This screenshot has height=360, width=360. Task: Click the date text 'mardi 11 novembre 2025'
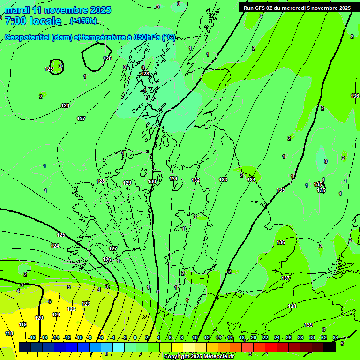point(58,10)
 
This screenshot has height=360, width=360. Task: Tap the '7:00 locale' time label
point(32,21)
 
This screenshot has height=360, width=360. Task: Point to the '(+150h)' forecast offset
point(83,21)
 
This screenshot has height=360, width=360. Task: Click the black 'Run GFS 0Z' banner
point(297,8)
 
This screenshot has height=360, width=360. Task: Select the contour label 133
point(223,180)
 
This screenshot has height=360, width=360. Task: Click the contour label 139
point(308,325)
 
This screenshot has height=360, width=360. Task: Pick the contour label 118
point(9,333)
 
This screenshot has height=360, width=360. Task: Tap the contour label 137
point(285,278)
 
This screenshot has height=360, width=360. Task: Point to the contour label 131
point(173,179)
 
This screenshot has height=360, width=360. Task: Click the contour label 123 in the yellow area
point(86,304)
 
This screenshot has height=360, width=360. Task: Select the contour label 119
point(22,324)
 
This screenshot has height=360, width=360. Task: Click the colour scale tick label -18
point(32,337)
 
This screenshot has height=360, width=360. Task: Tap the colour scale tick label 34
point(336,337)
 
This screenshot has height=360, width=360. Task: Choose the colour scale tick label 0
point(135,337)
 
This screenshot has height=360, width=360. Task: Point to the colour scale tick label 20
point(253,337)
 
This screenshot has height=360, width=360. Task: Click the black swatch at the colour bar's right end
point(330,347)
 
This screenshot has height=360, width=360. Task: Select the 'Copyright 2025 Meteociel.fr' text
point(199,357)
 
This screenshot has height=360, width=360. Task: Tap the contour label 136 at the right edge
point(355,96)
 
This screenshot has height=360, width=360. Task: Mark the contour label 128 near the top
point(145,74)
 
